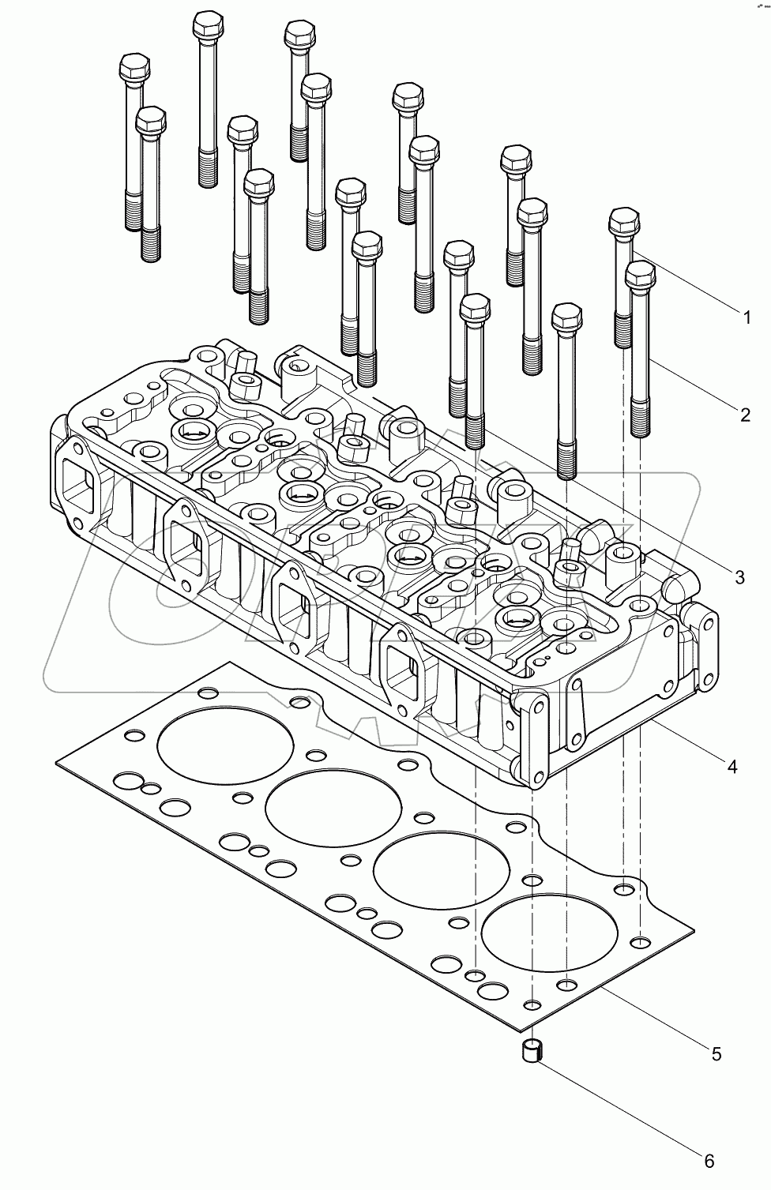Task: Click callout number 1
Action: (x=745, y=318)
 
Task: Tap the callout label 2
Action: (x=744, y=414)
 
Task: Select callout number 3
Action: (x=739, y=577)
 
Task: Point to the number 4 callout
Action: (x=732, y=766)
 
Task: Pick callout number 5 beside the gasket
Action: (x=716, y=1053)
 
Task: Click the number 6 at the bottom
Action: (x=709, y=1161)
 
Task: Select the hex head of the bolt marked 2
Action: (x=640, y=276)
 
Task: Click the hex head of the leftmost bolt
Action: (x=134, y=68)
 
